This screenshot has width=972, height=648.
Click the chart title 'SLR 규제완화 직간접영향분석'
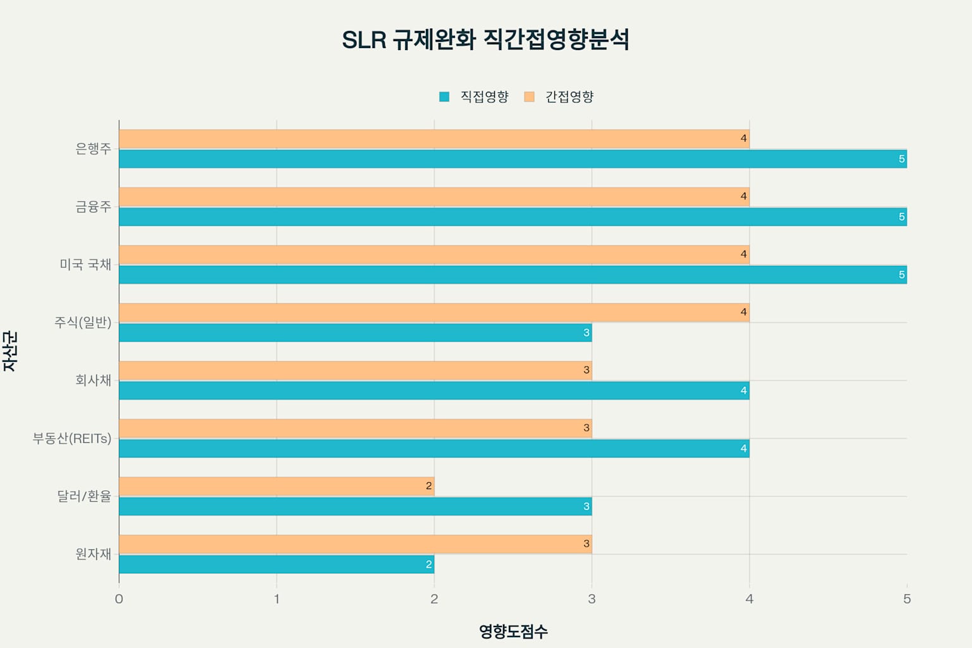(485, 40)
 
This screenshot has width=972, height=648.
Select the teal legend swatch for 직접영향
(444, 97)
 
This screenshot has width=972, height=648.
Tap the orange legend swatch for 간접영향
(530, 97)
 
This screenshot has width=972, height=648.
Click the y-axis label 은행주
(93, 149)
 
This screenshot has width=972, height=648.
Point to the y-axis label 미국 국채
(85, 265)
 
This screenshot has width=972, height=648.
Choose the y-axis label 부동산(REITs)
(72, 439)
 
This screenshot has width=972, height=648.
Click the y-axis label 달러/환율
(84, 496)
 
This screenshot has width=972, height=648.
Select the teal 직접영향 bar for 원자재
(277, 564)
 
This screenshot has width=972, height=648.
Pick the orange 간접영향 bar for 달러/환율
(277, 486)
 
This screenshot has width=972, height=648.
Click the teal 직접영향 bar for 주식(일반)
(355, 333)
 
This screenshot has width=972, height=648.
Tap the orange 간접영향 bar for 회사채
(355, 370)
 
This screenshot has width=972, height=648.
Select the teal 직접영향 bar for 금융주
(513, 217)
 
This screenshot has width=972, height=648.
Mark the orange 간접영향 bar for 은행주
(434, 139)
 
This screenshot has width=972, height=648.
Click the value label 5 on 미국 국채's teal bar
(902, 275)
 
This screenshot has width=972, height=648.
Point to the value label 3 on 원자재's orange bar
(587, 544)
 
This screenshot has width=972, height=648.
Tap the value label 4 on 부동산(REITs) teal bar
(744, 449)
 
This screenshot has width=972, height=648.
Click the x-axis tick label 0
(119, 599)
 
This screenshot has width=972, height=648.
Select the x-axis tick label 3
(592, 599)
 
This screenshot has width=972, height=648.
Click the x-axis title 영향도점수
(513, 632)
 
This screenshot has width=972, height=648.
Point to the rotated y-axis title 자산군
(10, 352)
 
